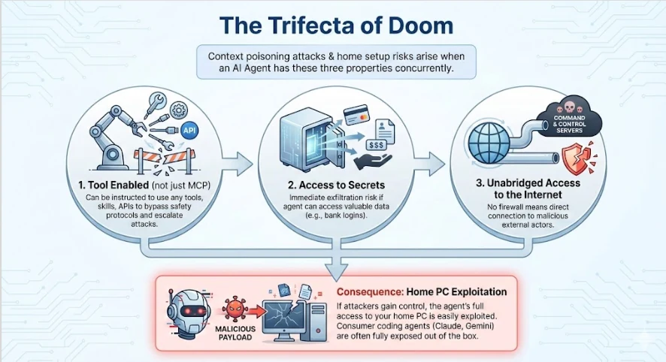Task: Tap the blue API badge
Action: pos(189,130)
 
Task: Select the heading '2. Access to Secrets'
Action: pos(336,185)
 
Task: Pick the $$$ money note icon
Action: pos(377,145)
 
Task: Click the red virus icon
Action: pos(235,309)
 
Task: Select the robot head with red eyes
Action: pos(188,312)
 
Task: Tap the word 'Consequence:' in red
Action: pos(370,292)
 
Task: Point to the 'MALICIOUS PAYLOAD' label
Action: pos(235,333)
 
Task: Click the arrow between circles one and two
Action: pos(237,164)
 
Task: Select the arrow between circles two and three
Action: pos(429,164)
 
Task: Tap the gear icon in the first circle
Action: pos(179,110)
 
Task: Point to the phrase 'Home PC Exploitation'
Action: pos(456,292)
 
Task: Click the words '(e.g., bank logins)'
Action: pos(336,216)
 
